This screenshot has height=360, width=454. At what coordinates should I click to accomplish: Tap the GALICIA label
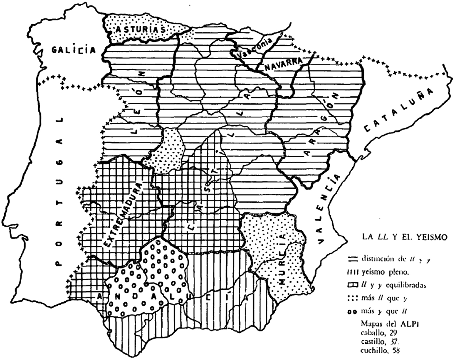[74, 50]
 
